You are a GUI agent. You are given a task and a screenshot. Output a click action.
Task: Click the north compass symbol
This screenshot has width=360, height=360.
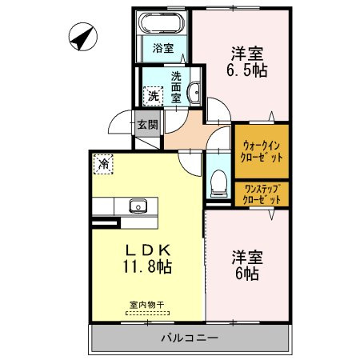(83, 37)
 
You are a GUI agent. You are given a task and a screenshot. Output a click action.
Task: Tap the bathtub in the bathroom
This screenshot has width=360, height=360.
(162, 22)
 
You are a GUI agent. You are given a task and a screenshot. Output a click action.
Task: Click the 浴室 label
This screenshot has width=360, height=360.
(163, 48)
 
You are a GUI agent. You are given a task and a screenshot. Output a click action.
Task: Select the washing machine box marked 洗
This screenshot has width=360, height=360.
(154, 96)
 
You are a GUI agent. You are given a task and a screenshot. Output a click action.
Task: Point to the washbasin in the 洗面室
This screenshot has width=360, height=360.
(195, 92)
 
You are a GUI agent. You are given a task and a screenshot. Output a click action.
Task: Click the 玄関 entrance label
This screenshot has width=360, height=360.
(147, 125)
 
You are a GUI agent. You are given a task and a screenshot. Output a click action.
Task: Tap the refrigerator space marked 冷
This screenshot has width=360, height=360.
(103, 164)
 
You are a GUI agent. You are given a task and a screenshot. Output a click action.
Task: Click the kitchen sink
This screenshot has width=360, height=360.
(138, 206)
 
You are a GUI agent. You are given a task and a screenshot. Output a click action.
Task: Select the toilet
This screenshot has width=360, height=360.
(218, 183)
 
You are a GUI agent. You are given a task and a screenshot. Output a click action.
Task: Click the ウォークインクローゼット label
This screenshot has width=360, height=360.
(262, 152)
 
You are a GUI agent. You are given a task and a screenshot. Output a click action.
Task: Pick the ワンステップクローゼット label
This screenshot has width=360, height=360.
(262, 194)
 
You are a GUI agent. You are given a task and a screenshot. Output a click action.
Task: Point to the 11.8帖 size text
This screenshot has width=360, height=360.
(147, 266)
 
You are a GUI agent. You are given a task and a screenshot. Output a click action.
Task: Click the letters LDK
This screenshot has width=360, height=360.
(148, 250)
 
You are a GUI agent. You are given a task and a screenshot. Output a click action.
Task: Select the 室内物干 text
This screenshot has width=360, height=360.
(147, 305)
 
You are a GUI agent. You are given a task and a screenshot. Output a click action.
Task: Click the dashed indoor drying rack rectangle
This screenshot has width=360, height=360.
(147, 314)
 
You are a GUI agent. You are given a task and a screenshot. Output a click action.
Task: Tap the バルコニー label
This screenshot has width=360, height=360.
(190, 338)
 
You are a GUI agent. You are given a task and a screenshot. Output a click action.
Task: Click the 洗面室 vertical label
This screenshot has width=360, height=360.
(176, 87)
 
